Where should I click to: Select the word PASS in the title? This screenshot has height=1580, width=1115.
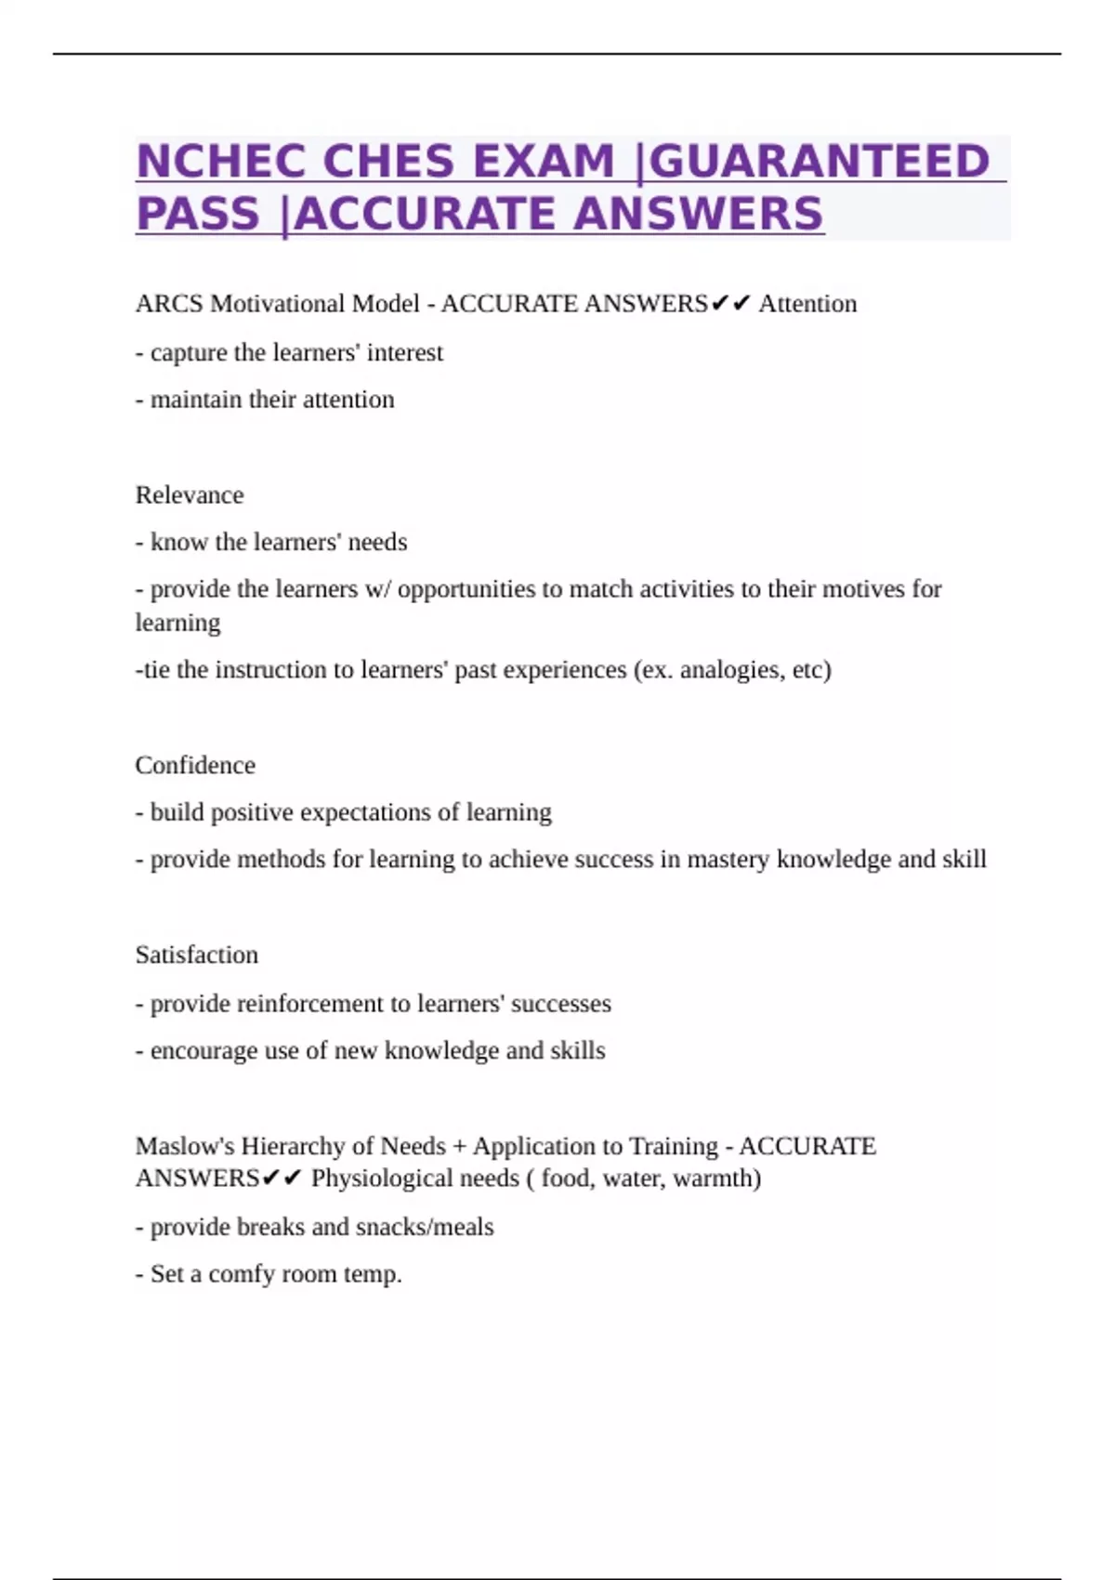click(x=197, y=214)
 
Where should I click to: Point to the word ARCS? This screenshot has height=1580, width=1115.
click(x=169, y=304)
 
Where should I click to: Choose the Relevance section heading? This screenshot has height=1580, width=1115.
click(x=190, y=494)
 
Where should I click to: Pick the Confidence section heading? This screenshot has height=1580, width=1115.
click(x=195, y=765)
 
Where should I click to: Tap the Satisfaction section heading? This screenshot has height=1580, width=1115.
click(x=197, y=955)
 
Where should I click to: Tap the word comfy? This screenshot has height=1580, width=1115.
click(x=241, y=1274)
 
